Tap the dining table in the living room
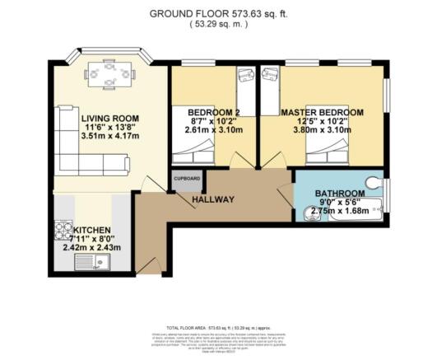pos(109,75)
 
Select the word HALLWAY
pos(213,199)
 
